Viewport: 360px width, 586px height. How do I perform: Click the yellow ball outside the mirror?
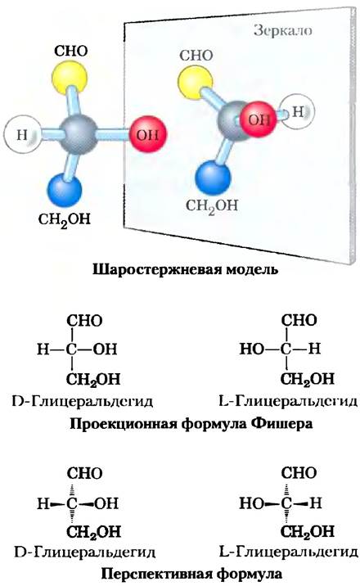pos(69,78)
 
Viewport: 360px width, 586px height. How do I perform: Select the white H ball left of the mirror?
pos(23,134)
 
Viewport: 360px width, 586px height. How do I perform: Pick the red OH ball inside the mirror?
pos(258,119)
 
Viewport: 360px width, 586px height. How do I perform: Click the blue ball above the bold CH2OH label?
pos(65,190)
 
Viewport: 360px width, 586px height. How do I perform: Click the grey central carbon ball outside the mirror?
pos(79,134)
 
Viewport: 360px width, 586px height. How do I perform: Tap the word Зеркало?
pos(283,30)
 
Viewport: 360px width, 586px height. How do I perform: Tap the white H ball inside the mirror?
pos(297,111)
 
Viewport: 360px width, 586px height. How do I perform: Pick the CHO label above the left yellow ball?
pos(71,52)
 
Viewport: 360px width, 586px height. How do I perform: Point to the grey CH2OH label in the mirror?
pos(212,206)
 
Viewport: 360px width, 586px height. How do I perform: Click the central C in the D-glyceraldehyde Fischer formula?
pos(71,349)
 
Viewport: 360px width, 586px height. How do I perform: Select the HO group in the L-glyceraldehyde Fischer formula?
pos(251,349)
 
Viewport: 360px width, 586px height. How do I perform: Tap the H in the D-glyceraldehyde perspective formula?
pos(43,504)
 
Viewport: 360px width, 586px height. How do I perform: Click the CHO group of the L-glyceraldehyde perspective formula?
pos(299,474)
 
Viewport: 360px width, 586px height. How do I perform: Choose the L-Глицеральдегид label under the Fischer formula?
pos(287,402)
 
